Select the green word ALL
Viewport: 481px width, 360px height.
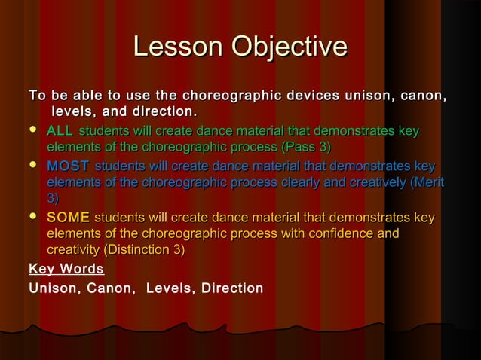60,132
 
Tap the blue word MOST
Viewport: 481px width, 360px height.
67,166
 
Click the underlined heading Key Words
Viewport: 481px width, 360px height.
66,269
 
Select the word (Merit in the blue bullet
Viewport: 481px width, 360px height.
423,182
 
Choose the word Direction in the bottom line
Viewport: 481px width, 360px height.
231,288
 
